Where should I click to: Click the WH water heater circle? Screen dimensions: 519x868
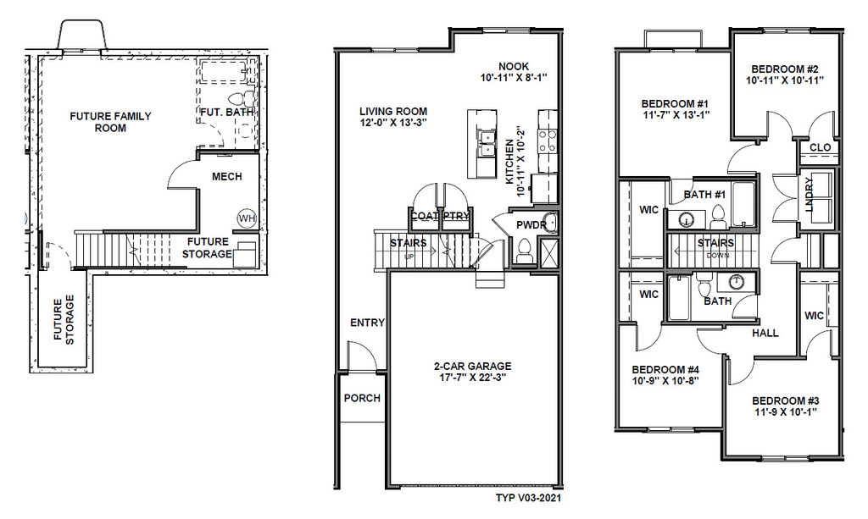(x=246, y=218)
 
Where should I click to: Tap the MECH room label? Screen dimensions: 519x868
(x=227, y=177)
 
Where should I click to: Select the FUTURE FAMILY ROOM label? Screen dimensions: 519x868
(x=110, y=122)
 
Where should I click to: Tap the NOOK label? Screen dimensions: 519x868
(x=514, y=66)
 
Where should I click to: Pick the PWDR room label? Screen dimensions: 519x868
(x=529, y=224)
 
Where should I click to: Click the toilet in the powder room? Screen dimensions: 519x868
(x=524, y=250)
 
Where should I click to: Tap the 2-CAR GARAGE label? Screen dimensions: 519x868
(x=473, y=367)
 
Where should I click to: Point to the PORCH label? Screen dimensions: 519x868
(x=361, y=398)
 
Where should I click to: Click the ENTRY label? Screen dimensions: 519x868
(x=367, y=323)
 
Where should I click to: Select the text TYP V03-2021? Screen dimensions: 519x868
(x=527, y=500)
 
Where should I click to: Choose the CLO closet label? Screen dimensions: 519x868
(x=820, y=147)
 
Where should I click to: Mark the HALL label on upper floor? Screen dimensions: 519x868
(x=765, y=334)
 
